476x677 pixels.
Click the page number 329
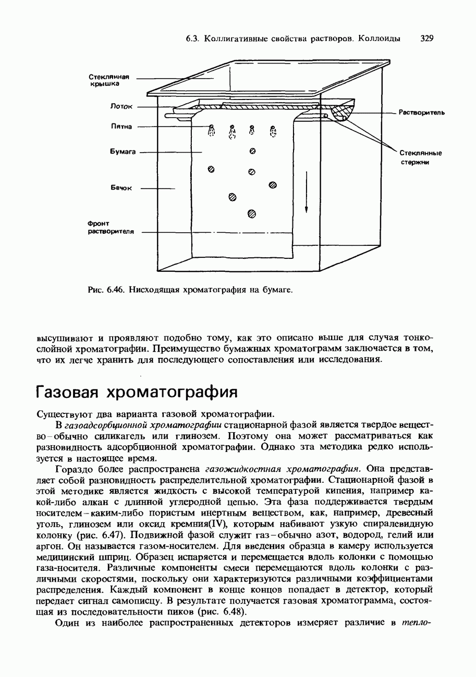pyautogui.click(x=426, y=39)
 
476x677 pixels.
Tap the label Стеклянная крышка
pyautogui.click(x=108, y=80)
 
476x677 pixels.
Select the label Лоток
pyautogui.click(x=121, y=107)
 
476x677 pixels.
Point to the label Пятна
pyautogui.click(x=121, y=126)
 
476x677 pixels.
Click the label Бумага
pyautogui.click(x=123, y=152)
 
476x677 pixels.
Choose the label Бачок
pyautogui.click(x=122, y=187)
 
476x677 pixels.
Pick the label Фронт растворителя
pyautogui.click(x=111, y=228)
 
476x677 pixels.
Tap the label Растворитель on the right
pyautogui.click(x=421, y=112)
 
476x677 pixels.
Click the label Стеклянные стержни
pyautogui.click(x=420, y=157)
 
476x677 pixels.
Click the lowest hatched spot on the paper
pyautogui.click(x=251, y=213)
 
